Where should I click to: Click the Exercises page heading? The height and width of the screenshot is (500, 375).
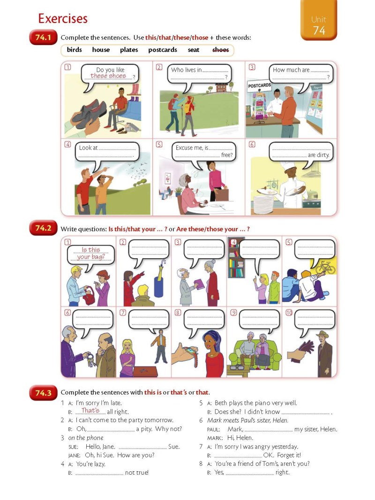[x=63, y=19]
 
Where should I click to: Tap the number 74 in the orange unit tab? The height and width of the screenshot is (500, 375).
[x=318, y=30]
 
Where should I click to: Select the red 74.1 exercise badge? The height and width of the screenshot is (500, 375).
[x=43, y=37]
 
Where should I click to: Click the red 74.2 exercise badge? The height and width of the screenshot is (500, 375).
[x=43, y=228]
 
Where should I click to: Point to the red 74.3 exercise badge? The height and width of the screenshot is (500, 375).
[x=43, y=393]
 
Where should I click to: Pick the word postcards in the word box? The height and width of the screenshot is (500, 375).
[x=163, y=50]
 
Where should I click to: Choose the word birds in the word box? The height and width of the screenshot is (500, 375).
[x=74, y=50]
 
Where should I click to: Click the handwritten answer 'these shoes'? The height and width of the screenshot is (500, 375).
[x=108, y=76]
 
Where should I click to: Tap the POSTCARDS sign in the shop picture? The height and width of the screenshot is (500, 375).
[x=259, y=86]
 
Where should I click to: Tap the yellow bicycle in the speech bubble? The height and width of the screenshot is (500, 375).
[x=325, y=267]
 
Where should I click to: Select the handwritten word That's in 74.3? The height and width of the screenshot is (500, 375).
[x=90, y=411]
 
